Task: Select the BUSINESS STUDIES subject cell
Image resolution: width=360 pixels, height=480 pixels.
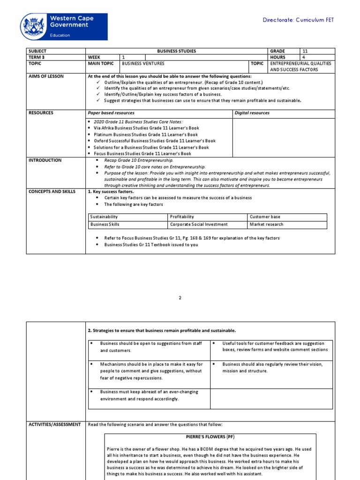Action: point(176,51)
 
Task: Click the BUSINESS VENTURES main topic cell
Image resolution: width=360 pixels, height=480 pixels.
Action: point(143,63)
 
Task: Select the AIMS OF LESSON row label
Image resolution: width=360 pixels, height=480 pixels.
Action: point(46,76)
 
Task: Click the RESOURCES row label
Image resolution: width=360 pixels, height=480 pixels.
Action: point(41,113)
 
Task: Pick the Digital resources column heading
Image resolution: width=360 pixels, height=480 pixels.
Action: point(252,113)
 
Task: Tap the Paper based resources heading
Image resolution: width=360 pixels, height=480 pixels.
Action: point(111,113)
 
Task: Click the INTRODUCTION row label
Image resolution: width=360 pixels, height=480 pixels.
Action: point(45,160)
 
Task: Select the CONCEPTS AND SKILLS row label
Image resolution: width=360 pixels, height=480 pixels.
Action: point(52,192)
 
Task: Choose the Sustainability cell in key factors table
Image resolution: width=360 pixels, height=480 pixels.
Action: point(104,217)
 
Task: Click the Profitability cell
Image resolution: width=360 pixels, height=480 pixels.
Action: point(182,217)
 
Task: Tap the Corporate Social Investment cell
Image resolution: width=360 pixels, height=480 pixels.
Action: point(199,225)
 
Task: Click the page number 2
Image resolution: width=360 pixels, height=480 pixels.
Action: point(180,298)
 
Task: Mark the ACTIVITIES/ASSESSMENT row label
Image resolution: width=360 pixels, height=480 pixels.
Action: point(54,425)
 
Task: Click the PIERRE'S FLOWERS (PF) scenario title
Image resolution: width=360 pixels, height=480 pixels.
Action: point(210,437)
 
